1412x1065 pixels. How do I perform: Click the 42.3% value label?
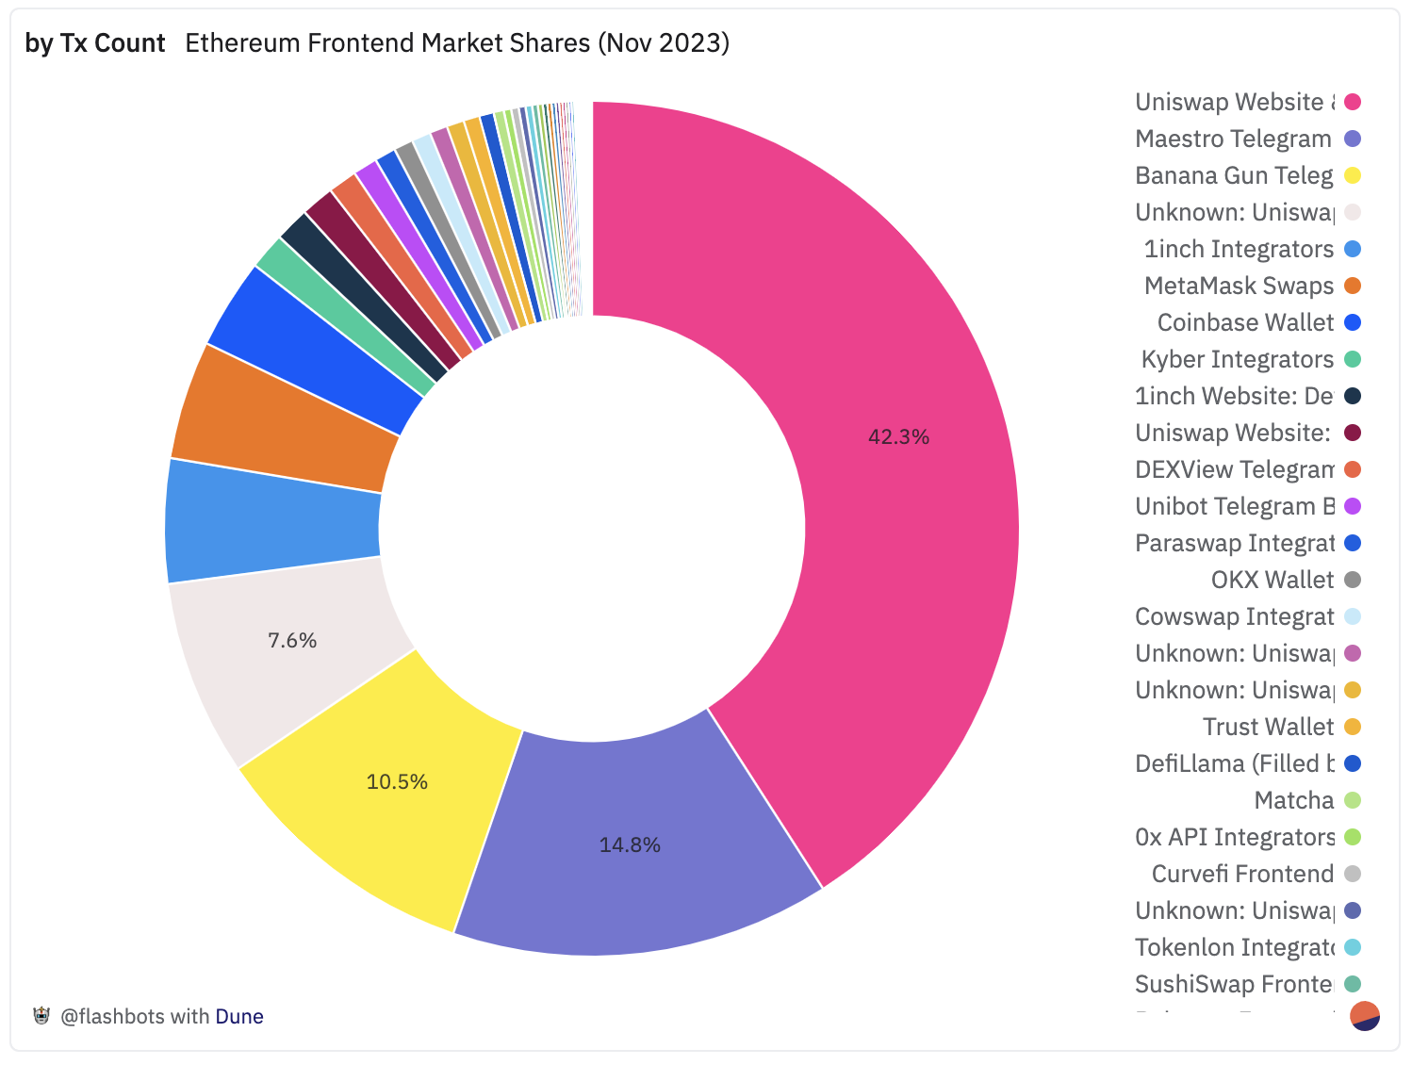898,437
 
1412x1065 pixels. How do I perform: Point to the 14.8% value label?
630,845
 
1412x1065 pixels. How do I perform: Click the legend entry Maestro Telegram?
1233,139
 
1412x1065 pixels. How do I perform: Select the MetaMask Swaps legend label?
1239,287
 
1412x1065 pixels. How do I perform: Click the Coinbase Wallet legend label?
1245,323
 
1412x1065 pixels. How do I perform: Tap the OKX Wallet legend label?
1272,581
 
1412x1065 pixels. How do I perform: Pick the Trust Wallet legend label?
1268,728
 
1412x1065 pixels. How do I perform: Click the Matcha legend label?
1293,801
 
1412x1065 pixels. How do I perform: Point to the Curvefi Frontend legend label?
1242,875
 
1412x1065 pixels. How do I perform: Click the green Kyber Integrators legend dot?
1353,359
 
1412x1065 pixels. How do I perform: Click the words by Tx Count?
95,43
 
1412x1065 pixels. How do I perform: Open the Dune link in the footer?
239,1017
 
